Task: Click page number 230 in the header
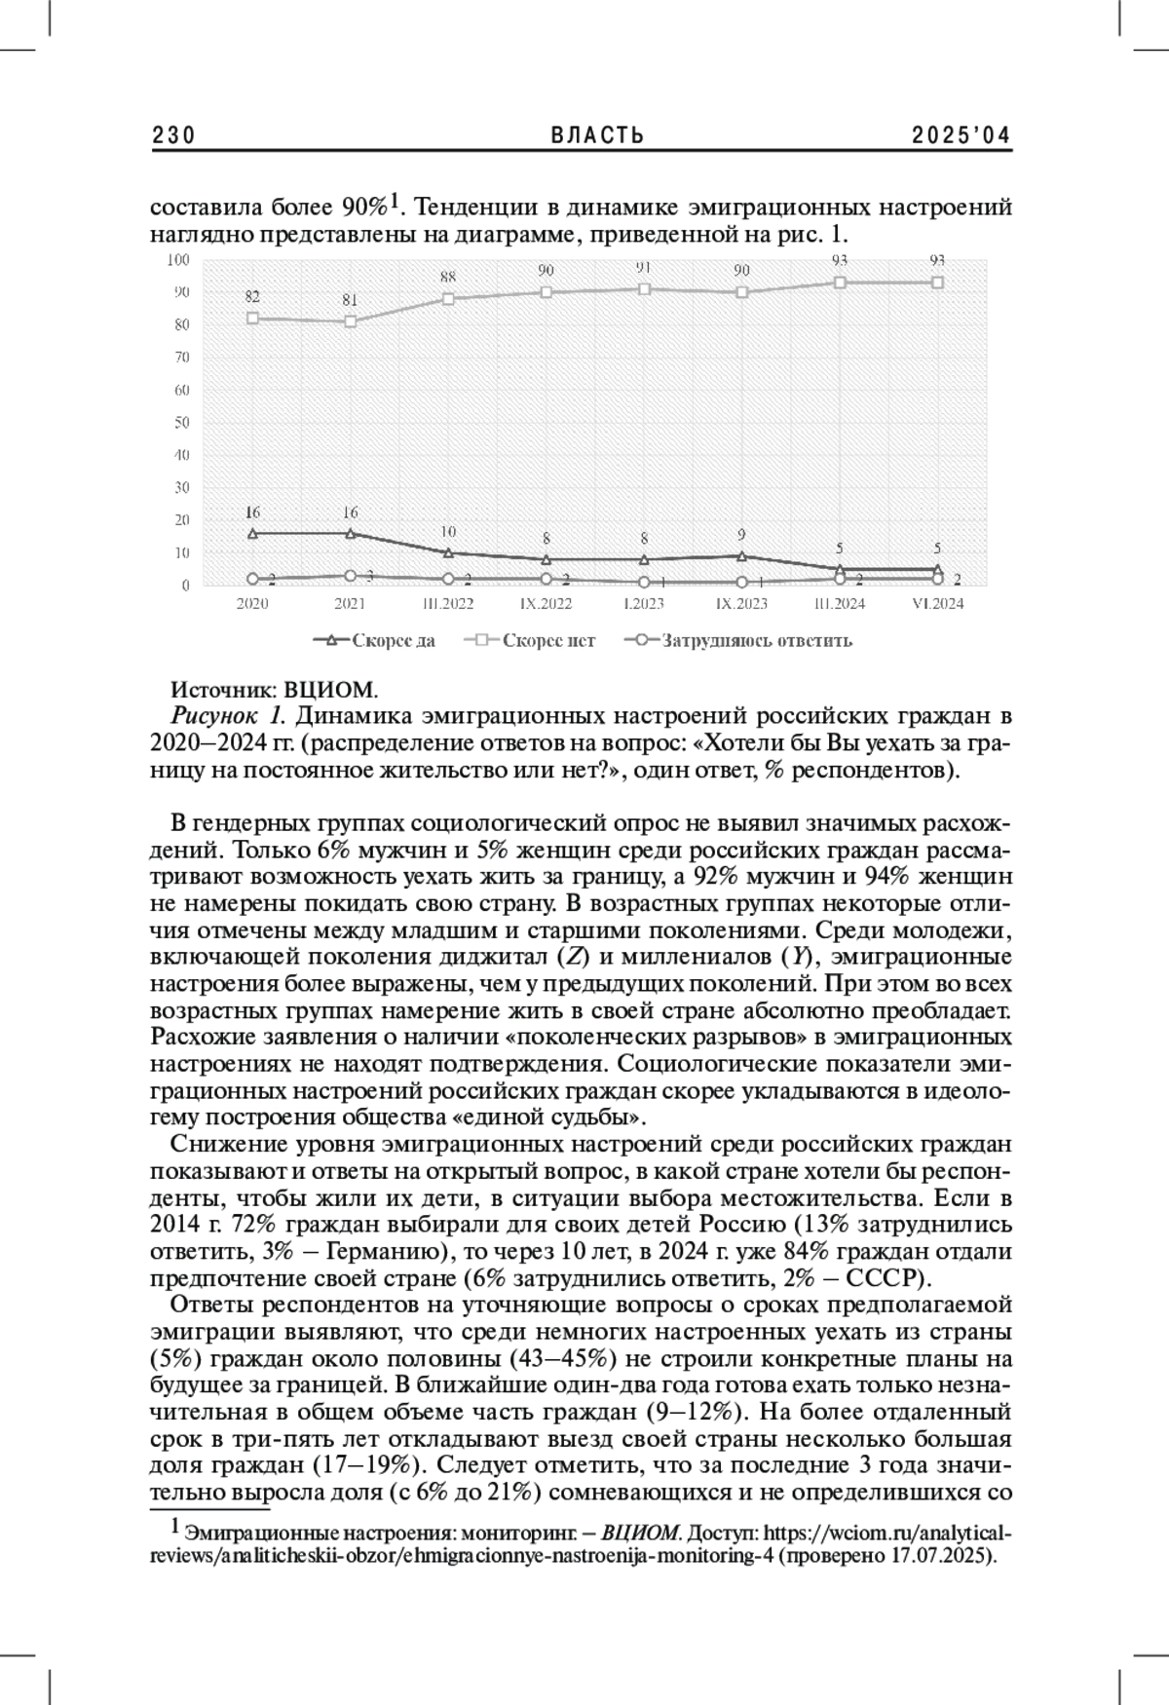coord(174,135)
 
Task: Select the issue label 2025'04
coord(962,135)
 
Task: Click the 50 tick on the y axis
coord(181,422)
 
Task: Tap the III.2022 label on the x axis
coord(448,604)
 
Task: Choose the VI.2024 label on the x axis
coord(937,604)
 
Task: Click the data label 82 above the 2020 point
coord(252,296)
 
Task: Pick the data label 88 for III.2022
coord(448,277)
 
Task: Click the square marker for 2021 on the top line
coord(351,322)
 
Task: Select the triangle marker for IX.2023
coord(742,556)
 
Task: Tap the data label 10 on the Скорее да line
coord(448,532)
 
